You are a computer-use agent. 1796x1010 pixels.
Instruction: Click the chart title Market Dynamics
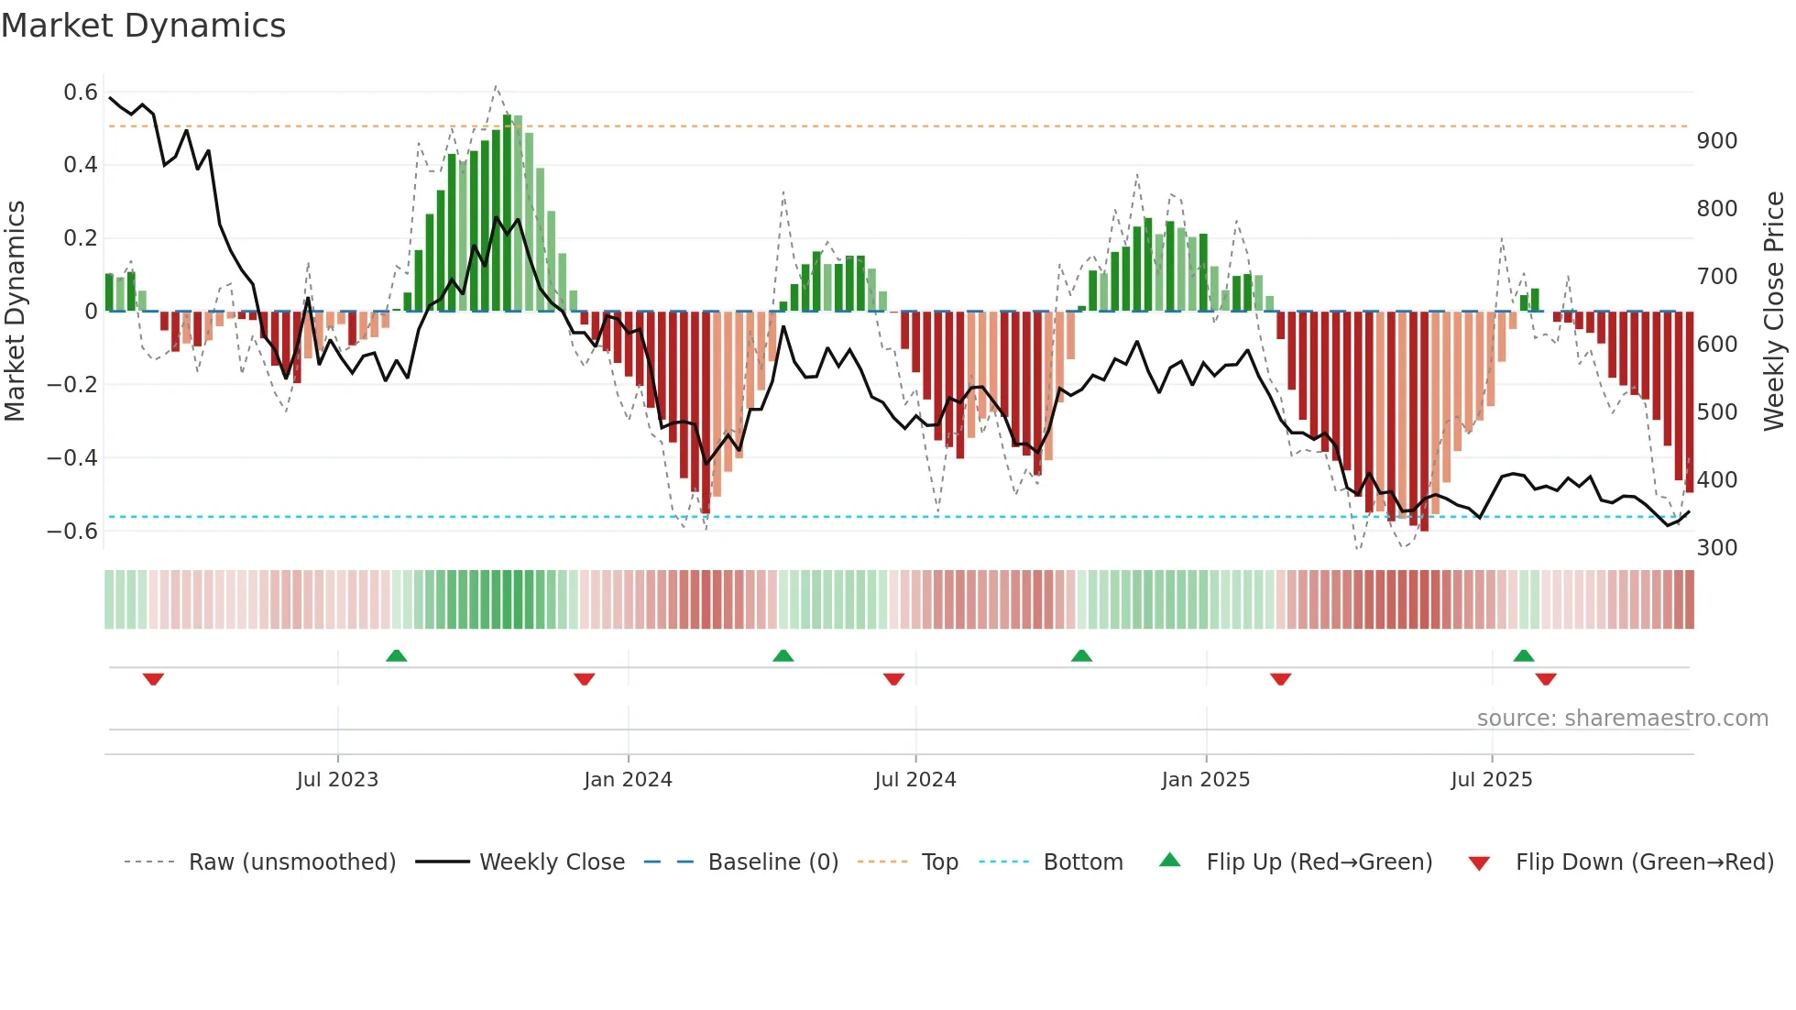(143, 26)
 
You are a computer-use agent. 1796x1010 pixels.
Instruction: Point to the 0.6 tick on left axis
(81, 93)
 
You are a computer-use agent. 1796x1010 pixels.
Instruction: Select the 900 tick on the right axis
(1717, 141)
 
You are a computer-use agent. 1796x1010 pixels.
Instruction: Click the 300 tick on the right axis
(1717, 548)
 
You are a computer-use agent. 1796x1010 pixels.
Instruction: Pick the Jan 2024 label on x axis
(628, 780)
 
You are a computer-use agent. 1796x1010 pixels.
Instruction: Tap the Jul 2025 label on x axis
(1491, 780)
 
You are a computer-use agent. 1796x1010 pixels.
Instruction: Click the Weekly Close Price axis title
(1774, 312)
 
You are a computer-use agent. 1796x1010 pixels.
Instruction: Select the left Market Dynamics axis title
(15, 312)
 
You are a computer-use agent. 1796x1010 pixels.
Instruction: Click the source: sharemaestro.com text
(1622, 719)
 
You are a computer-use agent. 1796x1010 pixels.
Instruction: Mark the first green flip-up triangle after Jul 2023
(396, 656)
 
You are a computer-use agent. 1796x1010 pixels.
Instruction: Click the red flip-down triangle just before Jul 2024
(893, 679)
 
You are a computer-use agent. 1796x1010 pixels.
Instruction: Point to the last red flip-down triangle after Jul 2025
(1546, 679)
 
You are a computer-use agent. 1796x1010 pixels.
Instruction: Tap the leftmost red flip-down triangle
(153, 679)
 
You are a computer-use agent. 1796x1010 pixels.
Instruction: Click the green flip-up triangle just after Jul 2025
(1523, 656)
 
